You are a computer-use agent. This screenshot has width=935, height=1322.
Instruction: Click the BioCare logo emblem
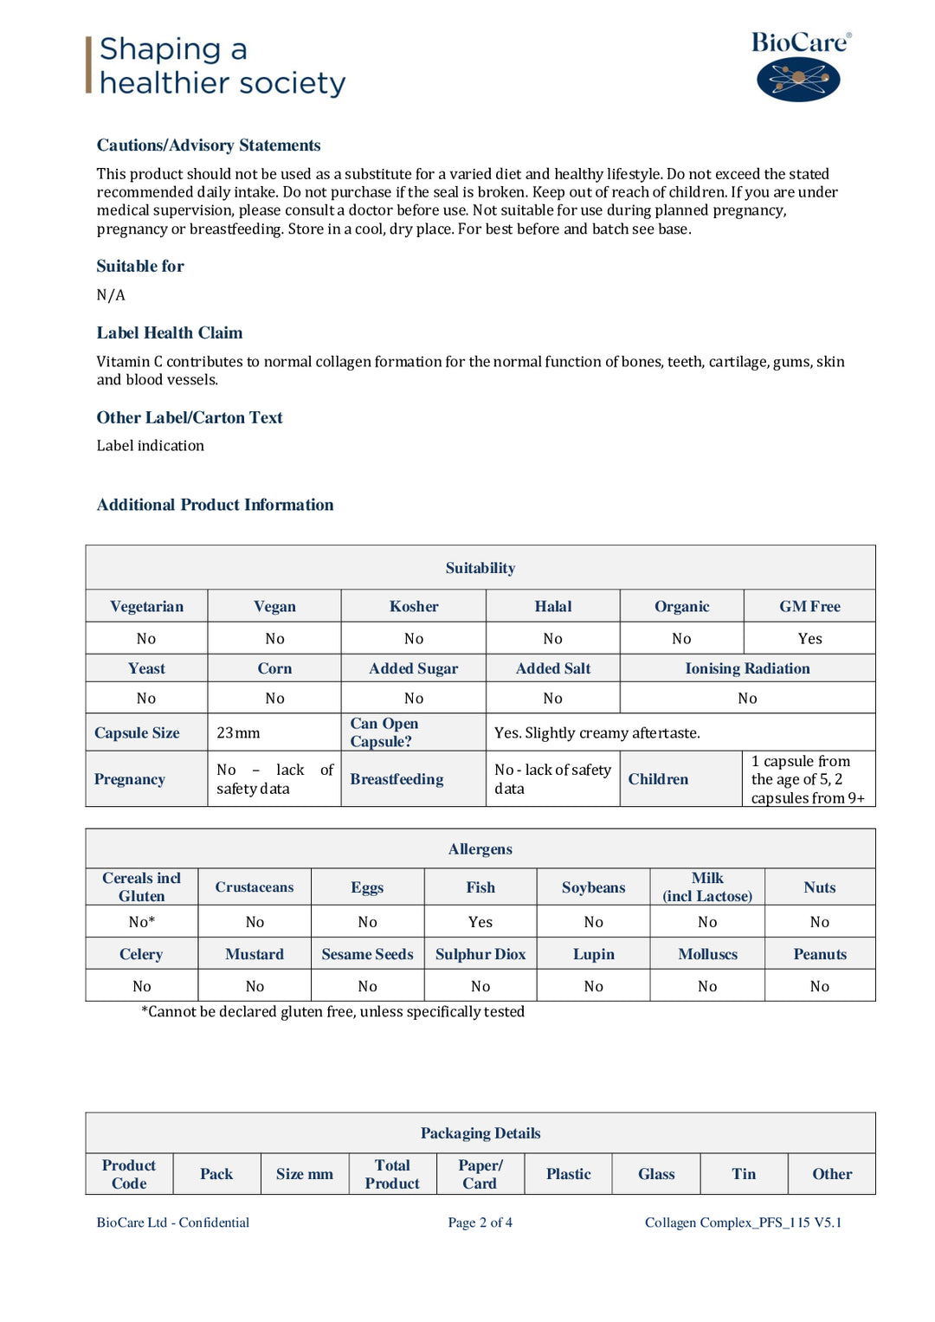(798, 80)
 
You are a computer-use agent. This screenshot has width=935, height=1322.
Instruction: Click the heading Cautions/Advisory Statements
(209, 145)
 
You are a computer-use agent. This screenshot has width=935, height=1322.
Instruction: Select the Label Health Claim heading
(170, 333)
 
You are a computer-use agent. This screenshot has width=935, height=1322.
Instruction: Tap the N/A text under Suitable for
(111, 295)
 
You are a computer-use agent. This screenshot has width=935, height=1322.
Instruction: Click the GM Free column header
(809, 607)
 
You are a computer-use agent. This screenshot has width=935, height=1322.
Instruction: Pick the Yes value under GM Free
(809, 639)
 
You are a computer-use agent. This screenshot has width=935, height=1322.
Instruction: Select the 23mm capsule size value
(238, 733)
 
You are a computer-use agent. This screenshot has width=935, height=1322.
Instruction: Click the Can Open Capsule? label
(384, 732)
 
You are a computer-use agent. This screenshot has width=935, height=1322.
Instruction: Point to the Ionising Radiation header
(747, 668)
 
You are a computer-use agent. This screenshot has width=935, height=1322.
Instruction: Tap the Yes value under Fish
(480, 923)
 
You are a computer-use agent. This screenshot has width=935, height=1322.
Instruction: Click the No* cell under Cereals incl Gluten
(142, 923)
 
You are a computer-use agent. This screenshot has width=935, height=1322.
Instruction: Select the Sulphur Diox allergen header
(480, 954)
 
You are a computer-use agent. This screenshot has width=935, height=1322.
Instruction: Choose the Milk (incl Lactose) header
(707, 887)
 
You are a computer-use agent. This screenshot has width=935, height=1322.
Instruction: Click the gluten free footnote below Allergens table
(333, 1012)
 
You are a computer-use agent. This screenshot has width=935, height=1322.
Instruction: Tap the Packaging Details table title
(480, 1133)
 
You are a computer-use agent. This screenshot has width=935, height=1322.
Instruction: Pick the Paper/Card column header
(480, 1175)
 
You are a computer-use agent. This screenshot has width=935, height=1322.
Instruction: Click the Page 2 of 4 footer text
(480, 1222)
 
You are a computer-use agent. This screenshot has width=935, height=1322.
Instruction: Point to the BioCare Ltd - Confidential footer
(173, 1222)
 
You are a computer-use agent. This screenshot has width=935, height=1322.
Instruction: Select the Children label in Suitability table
(658, 779)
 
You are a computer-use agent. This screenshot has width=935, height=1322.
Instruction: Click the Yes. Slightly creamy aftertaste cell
(597, 733)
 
